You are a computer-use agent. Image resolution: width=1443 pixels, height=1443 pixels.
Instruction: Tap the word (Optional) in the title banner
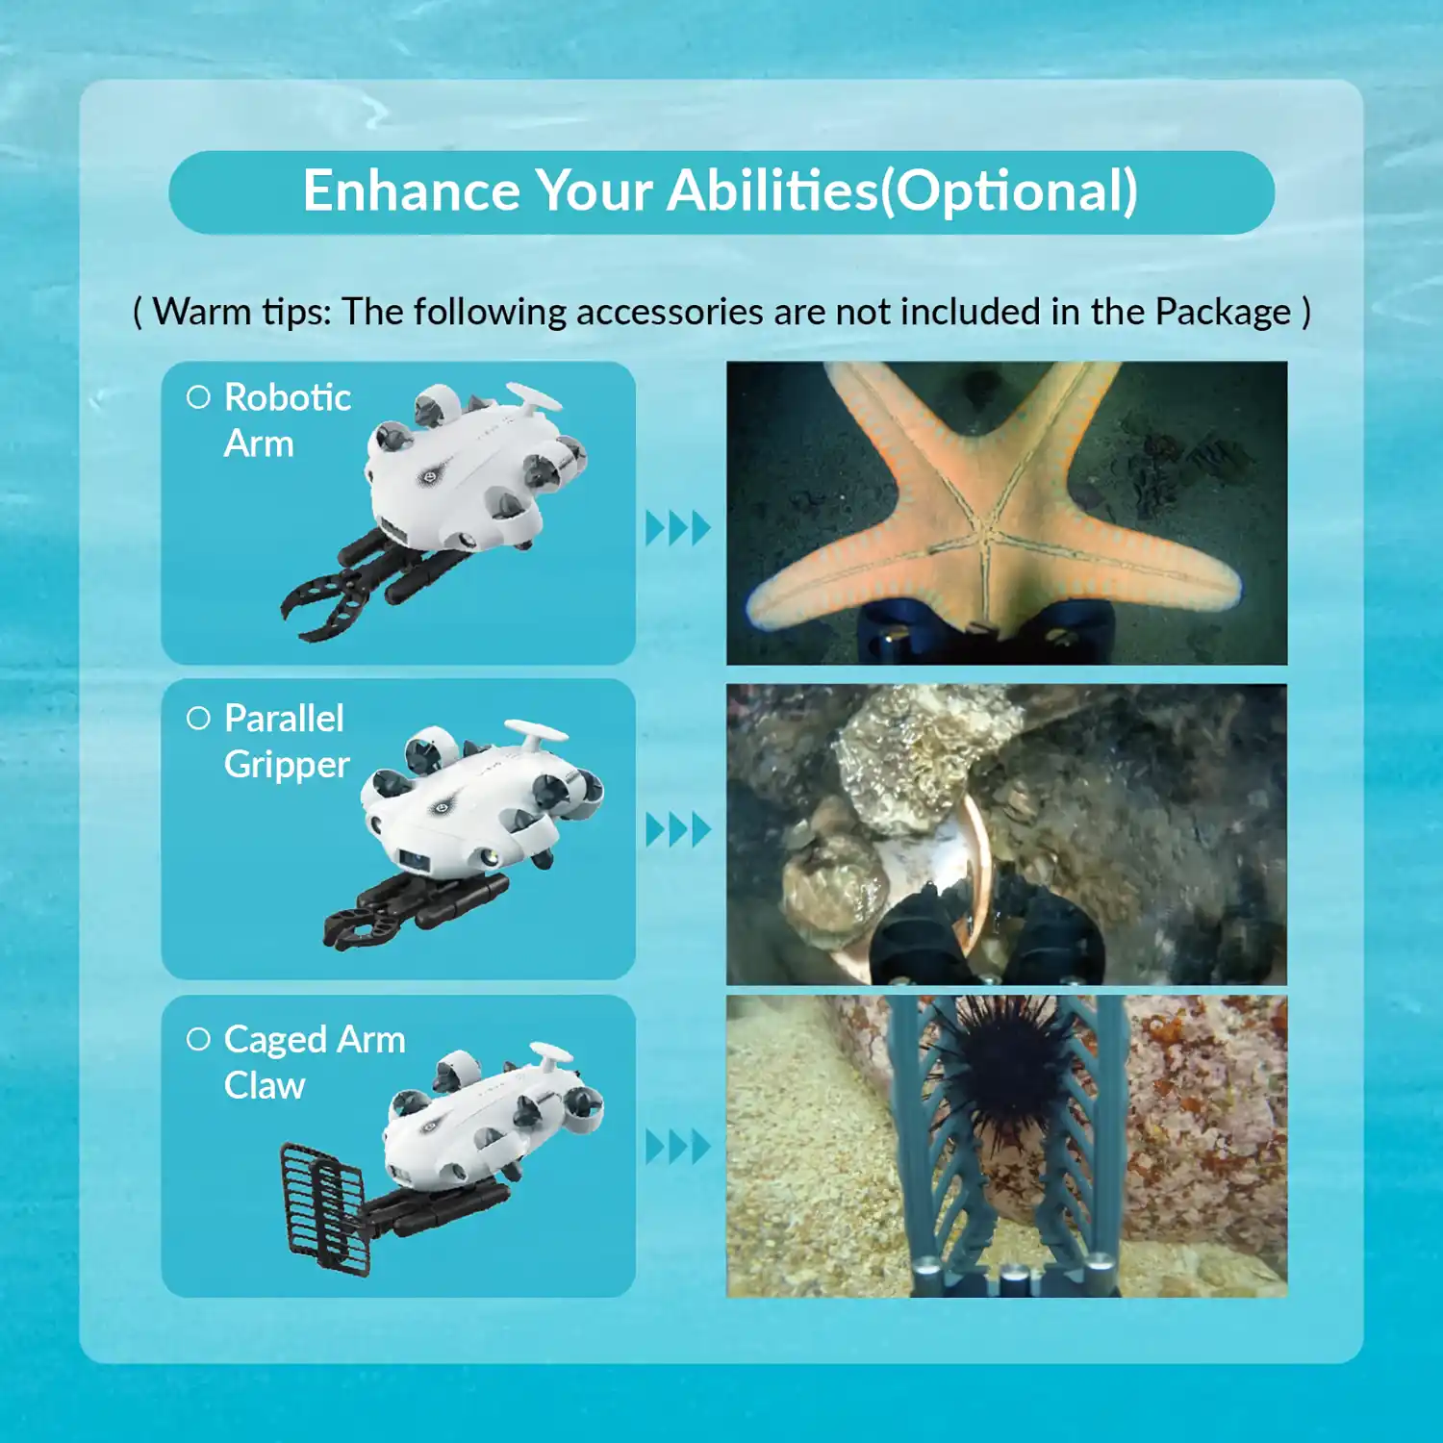[1010, 191]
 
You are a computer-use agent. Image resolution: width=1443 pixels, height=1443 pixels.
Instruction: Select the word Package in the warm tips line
[1223, 312]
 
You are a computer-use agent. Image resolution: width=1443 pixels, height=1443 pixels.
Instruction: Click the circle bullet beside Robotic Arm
[198, 397]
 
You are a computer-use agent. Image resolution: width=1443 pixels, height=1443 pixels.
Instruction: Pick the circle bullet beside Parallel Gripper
[198, 719]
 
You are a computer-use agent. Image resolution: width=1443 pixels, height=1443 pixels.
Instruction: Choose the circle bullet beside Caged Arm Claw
[198, 1039]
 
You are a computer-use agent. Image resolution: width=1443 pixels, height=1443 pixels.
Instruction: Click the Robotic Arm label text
[286, 420]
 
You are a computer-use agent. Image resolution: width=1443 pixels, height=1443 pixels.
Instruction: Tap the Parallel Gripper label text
[285, 742]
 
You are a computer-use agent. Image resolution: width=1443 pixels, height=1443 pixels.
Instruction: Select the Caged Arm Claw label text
[314, 1062]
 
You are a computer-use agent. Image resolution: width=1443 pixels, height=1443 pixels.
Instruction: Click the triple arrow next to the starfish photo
[677, 528]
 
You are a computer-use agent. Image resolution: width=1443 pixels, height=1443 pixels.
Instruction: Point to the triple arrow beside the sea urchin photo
[677, 1147]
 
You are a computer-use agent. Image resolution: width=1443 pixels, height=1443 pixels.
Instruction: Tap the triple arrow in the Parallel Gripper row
[677, 829]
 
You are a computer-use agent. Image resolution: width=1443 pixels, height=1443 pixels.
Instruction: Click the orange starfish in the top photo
[991, 519]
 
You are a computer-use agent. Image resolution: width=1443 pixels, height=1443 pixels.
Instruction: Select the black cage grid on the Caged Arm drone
[322, 1207]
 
